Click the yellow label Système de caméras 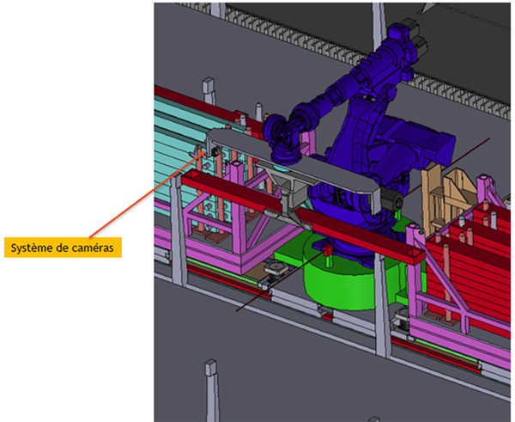pyautogui.click(x=63, y=248)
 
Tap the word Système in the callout pyautogui.click(x=32, y=248)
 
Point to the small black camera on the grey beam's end pyautogui.click(x=215, y=151)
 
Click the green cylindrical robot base pyautogui.click(x=338, y=276)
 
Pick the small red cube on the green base pyautogui.click(x=328, y=251)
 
